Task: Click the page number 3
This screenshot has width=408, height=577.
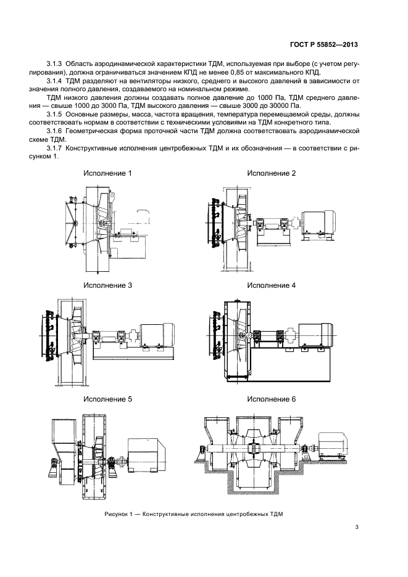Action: (357, 526)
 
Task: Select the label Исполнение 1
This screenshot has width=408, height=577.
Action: (108, 173)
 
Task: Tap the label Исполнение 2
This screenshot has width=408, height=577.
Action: (272, 173)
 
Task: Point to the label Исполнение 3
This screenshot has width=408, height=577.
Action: (108, 286)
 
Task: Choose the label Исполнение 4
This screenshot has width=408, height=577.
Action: (272, 286)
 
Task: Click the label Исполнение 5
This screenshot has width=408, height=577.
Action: (108, 399)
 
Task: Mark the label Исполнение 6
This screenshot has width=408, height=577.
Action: (272, 399)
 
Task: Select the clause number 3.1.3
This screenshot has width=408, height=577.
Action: (55, 65)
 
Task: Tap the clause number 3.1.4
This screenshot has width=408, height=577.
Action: (55, 81)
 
